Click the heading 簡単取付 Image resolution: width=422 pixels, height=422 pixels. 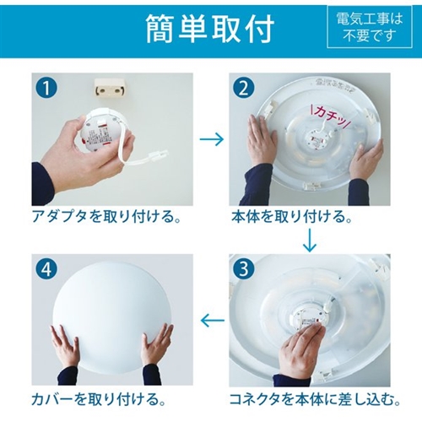(x=210, y=29)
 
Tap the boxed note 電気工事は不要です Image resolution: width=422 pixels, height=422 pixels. (x=370, y=27)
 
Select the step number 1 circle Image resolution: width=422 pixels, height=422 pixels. (x=46, y=88)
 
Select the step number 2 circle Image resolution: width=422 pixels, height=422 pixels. (x=244, y=88)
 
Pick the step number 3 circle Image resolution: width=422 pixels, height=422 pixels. (x=244, y=268)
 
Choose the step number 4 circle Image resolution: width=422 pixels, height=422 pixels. (x=46, y=268)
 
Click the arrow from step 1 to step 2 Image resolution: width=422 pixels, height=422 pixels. (x=212, y=139)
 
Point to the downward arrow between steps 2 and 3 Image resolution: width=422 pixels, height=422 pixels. (x=310, y=240)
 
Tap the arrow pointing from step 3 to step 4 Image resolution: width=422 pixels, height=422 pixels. (x=213, y=320)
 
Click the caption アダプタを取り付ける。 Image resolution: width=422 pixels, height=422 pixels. (x=106, y=217)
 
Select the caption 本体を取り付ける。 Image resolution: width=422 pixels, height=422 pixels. (x=292, y=217)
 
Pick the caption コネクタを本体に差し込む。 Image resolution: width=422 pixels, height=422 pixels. (x=315, y=399)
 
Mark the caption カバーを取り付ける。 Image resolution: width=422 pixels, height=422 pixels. (x=99, y=399)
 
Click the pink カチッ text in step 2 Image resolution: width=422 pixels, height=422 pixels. (x=330, y=116)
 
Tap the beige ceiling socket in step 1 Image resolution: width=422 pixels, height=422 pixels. (x=109, y=87)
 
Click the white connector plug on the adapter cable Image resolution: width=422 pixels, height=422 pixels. (x=158, y=154)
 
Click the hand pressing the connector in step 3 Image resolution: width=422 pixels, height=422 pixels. (x=299, y=351)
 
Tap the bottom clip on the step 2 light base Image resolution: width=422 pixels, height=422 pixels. (x=311, y=185)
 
